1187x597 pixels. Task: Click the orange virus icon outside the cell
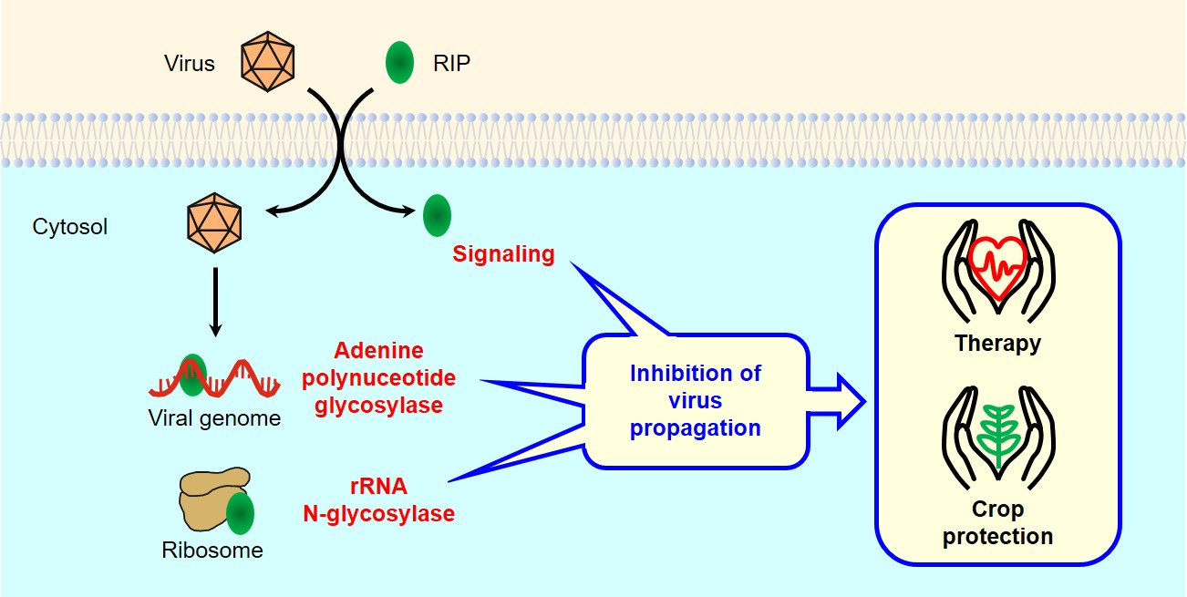pos(268,63)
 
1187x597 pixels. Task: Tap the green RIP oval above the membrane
pos(399,65)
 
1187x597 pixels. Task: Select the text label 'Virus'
pos(190,64)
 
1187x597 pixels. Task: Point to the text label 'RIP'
pos(452,64)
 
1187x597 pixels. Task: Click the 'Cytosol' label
pos(70,226)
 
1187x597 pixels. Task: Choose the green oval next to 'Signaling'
pos(437,215)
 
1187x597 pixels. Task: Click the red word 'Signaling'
pos(503,254)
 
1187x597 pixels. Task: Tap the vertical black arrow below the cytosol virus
pos(214,301)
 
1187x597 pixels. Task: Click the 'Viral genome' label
pos(215,418)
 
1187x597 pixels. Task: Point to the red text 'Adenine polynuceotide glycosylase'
pos(379,377)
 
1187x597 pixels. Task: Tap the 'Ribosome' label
pos(212,551)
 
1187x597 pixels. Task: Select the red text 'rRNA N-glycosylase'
pos(379,500)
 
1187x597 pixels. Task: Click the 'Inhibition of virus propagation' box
pos(695,400)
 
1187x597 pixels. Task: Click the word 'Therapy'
pos(997,344)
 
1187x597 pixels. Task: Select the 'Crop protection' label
pos(997,522)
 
